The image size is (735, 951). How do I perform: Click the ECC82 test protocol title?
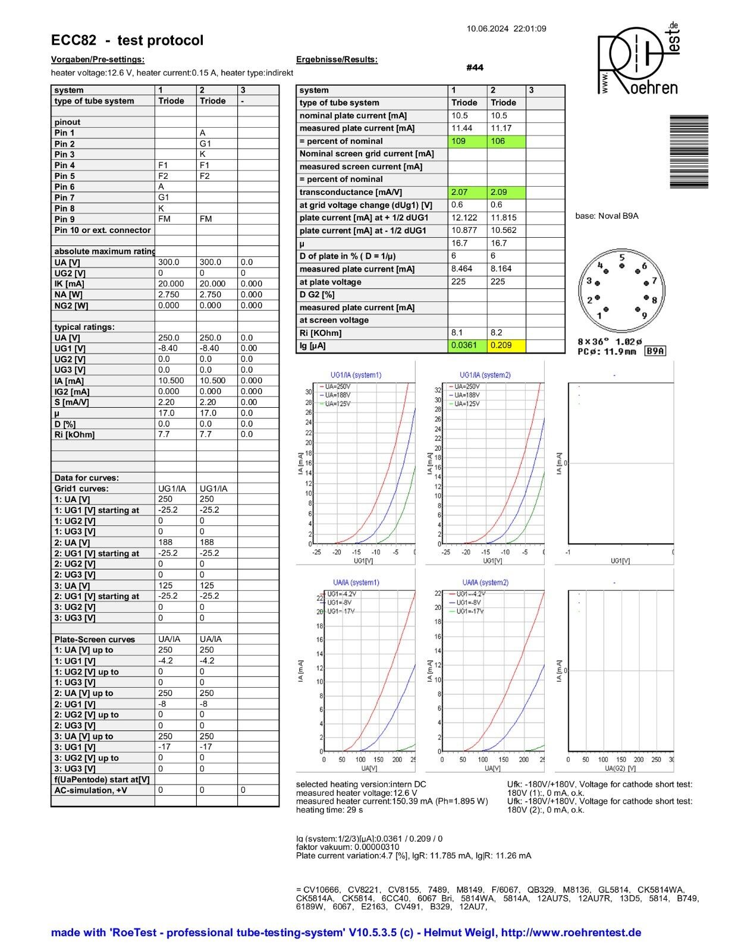point(127,40)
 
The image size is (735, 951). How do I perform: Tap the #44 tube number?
point(475,68)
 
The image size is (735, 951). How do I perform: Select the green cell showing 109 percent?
point(467,141)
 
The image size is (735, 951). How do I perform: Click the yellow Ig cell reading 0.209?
point(507,345)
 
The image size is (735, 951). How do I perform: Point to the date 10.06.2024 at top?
point(488,29)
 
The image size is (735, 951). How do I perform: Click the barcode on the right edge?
point(689,152)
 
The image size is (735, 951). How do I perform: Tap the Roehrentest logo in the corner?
point(637,59)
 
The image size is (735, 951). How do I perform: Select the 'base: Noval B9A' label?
point(607,216)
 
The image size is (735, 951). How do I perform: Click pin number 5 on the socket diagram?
point(622,258)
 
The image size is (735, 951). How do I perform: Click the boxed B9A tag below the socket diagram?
point(655,351)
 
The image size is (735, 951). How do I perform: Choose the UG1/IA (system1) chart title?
point(356,375)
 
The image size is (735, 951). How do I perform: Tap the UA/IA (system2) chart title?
point(485,582)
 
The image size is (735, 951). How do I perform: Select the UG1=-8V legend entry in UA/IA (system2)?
point(468,603)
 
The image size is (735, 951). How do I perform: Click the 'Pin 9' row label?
point(65,219)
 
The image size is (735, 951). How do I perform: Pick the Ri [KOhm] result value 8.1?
point(457,333)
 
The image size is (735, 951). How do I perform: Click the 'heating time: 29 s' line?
point(329,810)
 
